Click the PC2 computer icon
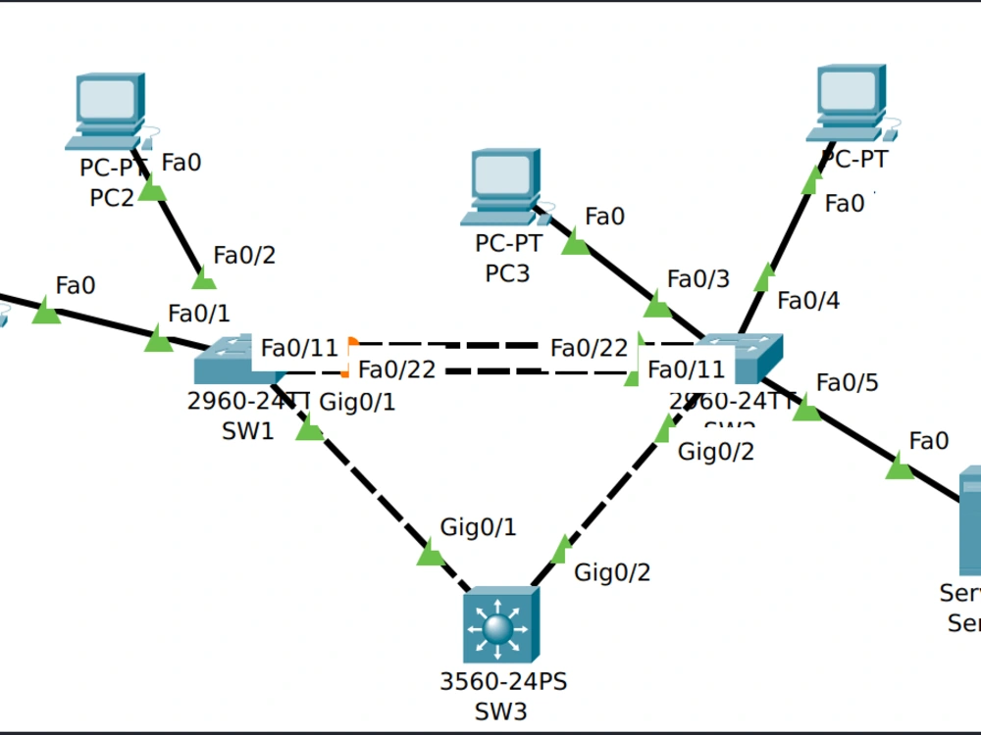pos(108,110)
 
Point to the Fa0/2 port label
pos(244,256)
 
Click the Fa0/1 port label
pos(199,314)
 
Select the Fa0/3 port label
pos(698,279)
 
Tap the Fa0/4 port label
pos(808,300)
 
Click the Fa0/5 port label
pos(848,381)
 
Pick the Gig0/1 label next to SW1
pos(358,401)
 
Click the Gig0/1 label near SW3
pos(478,527)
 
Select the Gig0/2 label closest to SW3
pos(612,571)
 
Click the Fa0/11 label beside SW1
pos(299,347)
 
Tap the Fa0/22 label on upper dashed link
pos(589,348)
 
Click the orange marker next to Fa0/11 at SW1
pos(353,342)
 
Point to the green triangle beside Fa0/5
pos(806,410)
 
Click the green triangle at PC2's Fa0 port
pos(152,189)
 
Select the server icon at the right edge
pos(969,519)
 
